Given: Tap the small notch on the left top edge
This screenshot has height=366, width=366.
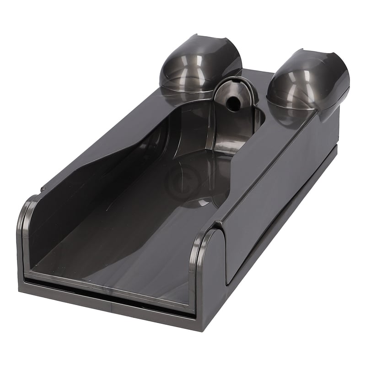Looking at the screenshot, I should coord(42,188).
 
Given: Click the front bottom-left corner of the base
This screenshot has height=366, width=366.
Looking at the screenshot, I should coord(21,288).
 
